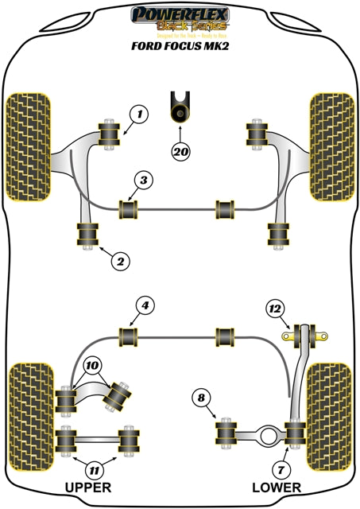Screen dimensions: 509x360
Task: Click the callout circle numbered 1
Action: coord(139,115)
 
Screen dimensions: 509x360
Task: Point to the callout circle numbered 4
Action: coord(143,305)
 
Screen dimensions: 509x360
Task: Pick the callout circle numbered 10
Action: coord(93,367)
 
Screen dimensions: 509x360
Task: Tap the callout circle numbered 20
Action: coord(181,150)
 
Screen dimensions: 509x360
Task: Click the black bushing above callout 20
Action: coord(181,111)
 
